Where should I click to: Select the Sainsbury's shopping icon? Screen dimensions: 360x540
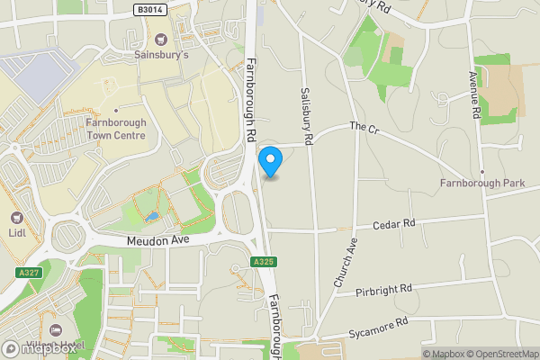tap(161, 39)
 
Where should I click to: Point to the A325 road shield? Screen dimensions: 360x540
tap(264, 262)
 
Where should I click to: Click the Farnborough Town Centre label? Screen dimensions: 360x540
tap(115, 129)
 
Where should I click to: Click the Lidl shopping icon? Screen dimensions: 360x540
tap(16, 218)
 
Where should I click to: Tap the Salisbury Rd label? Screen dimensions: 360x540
tap(307, 117)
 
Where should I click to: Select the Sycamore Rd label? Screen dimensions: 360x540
tap(378, 322)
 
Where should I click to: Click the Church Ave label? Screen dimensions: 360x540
tap(346, 263)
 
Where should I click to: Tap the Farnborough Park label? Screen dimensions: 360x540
tap(482, 184)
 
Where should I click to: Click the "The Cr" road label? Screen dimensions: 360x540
tap(364, 129)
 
